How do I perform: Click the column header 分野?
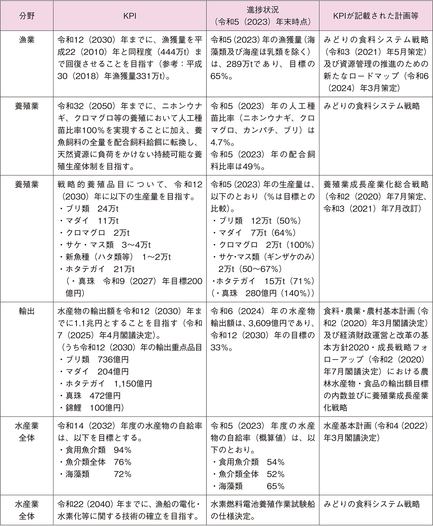point(27,15)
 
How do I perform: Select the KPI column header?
point(130,15)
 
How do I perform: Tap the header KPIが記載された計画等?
point(376,15)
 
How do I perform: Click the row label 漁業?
point(27,40)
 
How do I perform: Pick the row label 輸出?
point(27,311)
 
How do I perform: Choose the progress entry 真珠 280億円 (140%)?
point(263,293)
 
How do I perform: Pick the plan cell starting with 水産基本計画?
point(376,432)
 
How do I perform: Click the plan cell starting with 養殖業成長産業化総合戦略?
point(376,196)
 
